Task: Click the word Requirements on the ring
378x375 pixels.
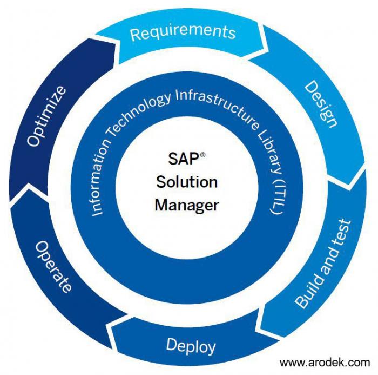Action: pos(183,32)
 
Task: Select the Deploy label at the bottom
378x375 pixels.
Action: pos(191,345)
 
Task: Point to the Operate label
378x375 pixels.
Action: pos(53,266)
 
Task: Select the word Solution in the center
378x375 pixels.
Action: pos(187,182)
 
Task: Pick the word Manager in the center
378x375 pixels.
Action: pos(187,205)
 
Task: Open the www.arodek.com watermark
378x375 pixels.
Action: pos(324,362)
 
